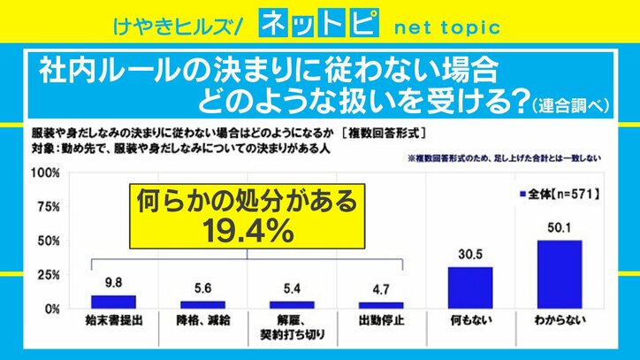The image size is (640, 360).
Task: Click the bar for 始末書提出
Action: click(113, 301)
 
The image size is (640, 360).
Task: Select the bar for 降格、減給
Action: click(203, 303)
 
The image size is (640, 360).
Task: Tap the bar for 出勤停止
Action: click(381, 304)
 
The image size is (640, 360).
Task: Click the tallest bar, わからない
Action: click(559, 273)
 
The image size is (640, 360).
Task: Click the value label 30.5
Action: click(469, 256)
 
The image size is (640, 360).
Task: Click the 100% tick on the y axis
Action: click(46, 173)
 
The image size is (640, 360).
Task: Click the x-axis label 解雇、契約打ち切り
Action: click(292, 326)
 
